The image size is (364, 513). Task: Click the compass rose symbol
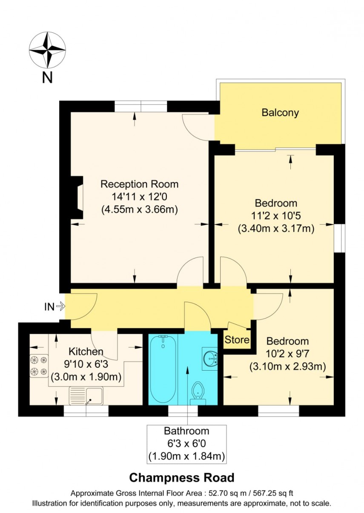tap(47, 50)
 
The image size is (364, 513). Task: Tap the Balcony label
tap(280, 113)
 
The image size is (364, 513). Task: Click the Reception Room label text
tap(139, 184)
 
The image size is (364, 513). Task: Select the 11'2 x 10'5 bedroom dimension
tap(275, 216)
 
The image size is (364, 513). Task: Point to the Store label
tap(237, 340)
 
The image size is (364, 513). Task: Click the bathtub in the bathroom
tap(163, 369)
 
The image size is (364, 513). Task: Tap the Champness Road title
tap(181, 478)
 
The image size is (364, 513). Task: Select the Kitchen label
tap(86, 351)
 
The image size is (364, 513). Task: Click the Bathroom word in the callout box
tap(186, 431)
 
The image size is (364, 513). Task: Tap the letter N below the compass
tap(47, 78)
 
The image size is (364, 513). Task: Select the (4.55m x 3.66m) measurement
tap(139, 209)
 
